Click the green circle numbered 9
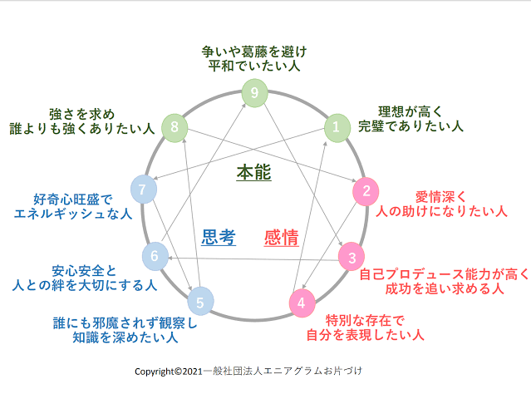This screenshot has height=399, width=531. pos(254,92)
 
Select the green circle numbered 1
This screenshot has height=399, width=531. pos(336,126)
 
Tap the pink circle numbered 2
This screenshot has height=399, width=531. pos(366,191)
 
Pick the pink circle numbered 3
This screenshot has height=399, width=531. pos(352,257)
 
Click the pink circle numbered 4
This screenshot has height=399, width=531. pos(301,303)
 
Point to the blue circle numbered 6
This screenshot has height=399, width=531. pos(154,257)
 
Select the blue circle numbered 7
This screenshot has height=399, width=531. pos(143,190)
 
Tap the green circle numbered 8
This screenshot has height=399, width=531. pos(174,126)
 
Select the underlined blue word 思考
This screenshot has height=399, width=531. pos(219,238)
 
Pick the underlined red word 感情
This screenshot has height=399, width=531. pos(281,238)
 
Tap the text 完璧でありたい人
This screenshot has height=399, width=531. pos(411,126)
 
